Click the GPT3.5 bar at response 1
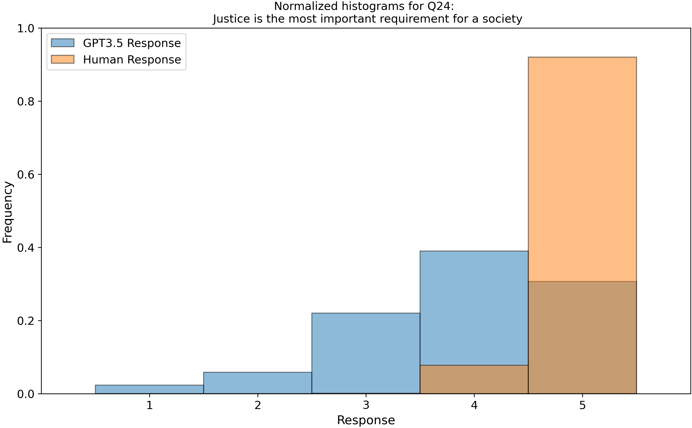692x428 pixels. (x=149, y=389)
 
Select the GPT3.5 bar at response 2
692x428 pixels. (x=257, y=383)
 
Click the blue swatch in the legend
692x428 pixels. (x=62, y=43)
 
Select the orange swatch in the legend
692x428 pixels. (x=62, y=59)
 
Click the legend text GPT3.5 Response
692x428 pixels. (x=132, y=43)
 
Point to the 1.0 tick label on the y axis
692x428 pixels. (x=25, y=29)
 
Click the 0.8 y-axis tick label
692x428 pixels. (x=25, y=102)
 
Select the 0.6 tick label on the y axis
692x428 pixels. (x=25, y=175)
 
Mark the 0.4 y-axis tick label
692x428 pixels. (x=25, y=248)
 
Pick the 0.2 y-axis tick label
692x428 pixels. (x=25, y=321)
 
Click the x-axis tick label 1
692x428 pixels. (x=149, y=406)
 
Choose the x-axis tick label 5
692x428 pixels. (x=582, y=406)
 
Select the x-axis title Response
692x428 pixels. (x=366, y=420)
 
